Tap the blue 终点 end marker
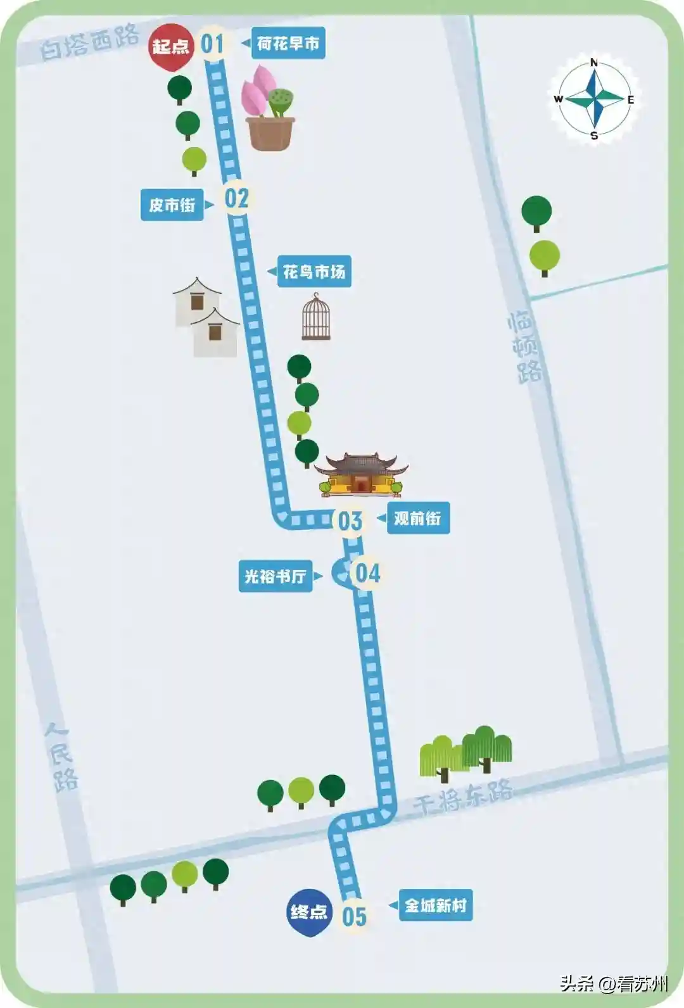click(x=308, y=912)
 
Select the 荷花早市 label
click(x=288, y=43)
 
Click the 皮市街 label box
click(x=172, y=205)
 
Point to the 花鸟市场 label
click(x=314, y=272)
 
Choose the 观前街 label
click(x=418, y=518)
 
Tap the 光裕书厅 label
click(x=275, y=576)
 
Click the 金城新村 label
click(x=436, y=905)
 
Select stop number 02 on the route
click(x=236, y=198)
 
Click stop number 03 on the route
click(x=350, y=522)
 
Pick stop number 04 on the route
click(x=367, y=574)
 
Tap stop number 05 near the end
click(x=354, y=916)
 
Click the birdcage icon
click(x=316, y=317)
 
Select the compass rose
click(x=594, y=99)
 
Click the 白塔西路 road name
click(x=89, y=42)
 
